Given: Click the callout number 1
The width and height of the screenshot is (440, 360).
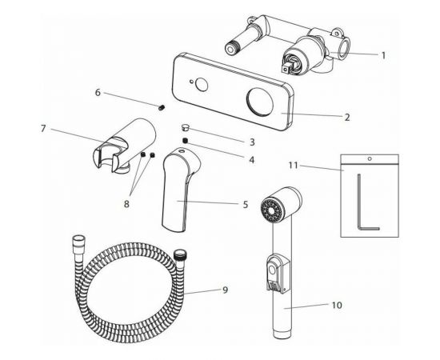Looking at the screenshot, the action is click(383, 55).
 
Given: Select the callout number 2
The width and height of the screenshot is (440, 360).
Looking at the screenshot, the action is click(347, 118).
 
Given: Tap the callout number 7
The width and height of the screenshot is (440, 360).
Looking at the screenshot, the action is click(43, 129).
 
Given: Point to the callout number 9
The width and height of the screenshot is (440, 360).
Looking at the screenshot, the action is click(225, 290).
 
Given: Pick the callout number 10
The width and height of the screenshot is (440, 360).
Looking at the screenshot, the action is click(337, 305).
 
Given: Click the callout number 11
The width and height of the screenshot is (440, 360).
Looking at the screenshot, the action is click(294, 166).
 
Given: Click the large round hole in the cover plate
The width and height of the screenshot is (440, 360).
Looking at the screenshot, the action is click(260, 101).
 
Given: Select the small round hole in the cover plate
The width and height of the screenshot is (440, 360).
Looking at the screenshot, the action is click(201, 85).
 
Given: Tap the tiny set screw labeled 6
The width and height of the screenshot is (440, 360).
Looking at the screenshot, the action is click(162, 107).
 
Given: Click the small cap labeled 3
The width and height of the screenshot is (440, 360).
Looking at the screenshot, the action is click(186, 129).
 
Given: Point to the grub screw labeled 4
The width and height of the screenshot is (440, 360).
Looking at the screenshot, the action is click(185, 141).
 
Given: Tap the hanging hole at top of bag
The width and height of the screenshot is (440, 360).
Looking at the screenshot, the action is click(370, 159).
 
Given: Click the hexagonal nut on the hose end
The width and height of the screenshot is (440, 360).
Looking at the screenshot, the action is click(79, 242).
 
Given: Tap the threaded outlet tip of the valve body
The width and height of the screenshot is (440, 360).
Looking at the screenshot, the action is click(232, 48).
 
